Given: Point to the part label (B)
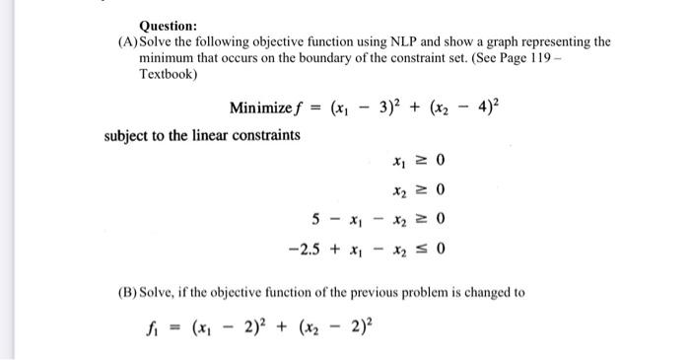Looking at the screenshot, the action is [130, 293].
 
